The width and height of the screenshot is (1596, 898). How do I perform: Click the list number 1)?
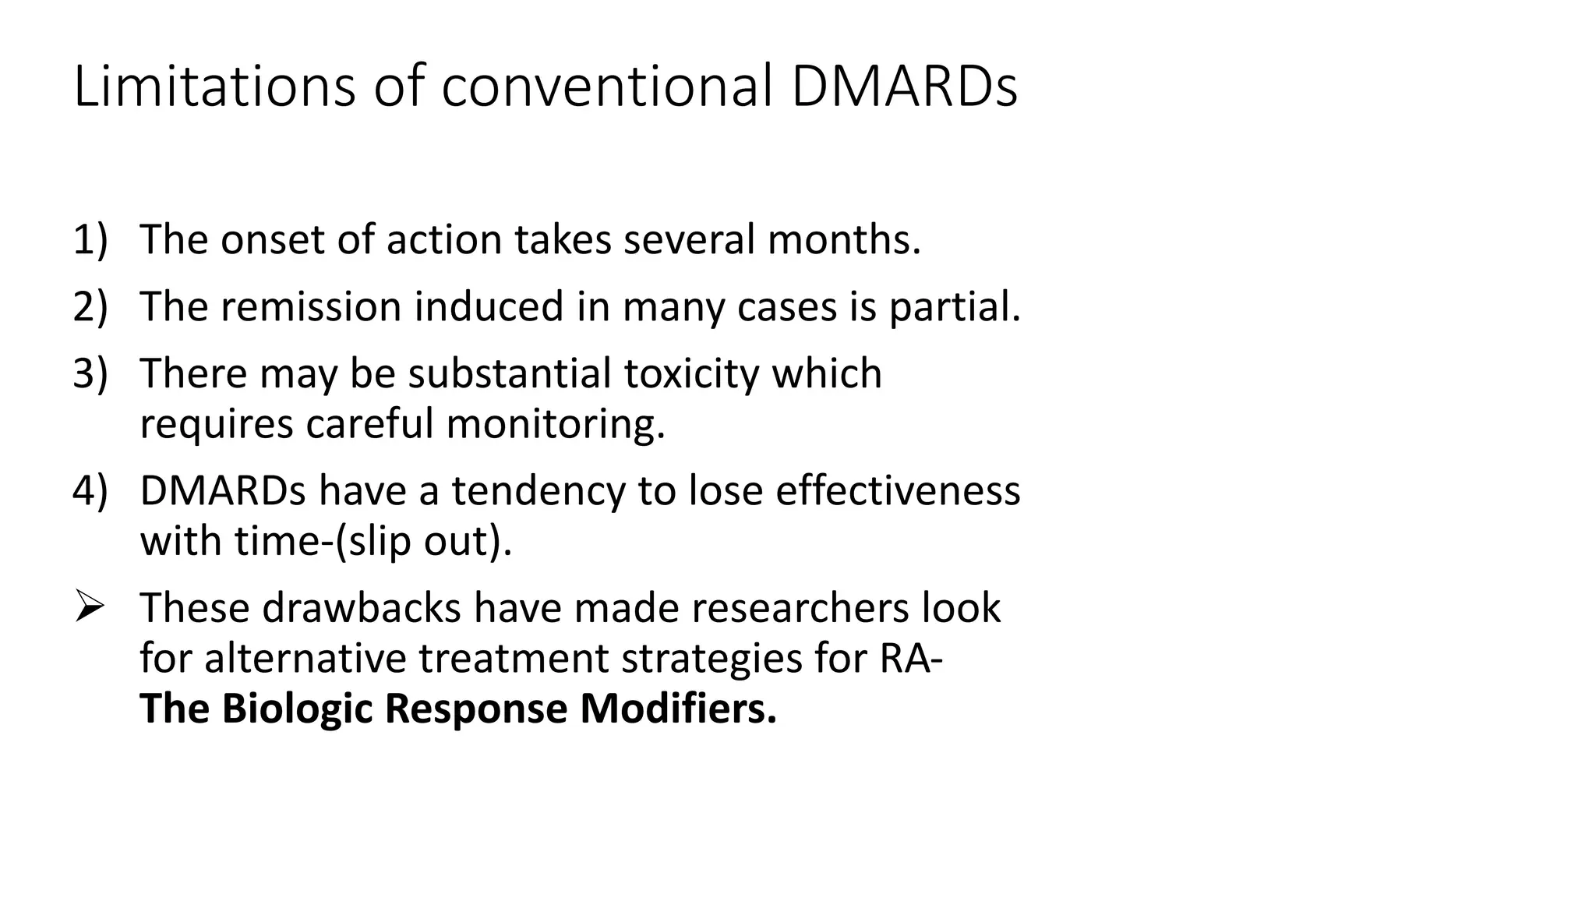pyautogui.click(x=90, y=239)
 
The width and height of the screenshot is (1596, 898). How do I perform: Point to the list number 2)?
pyautogui.click(x=90, y=306)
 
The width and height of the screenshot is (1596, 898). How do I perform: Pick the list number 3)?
pyautogui.click(x=90, y=373)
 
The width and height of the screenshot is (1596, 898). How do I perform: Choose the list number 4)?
pyautogui.click(x=90, y=491)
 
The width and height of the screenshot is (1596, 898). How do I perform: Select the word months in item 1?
pyautogui.click(x=842, y=239)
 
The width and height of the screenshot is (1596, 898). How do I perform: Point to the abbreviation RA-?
pyautogui.click(x=910, y=658)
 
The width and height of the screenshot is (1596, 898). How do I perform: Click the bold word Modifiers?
pyautogui.click(x=678, y=709)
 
